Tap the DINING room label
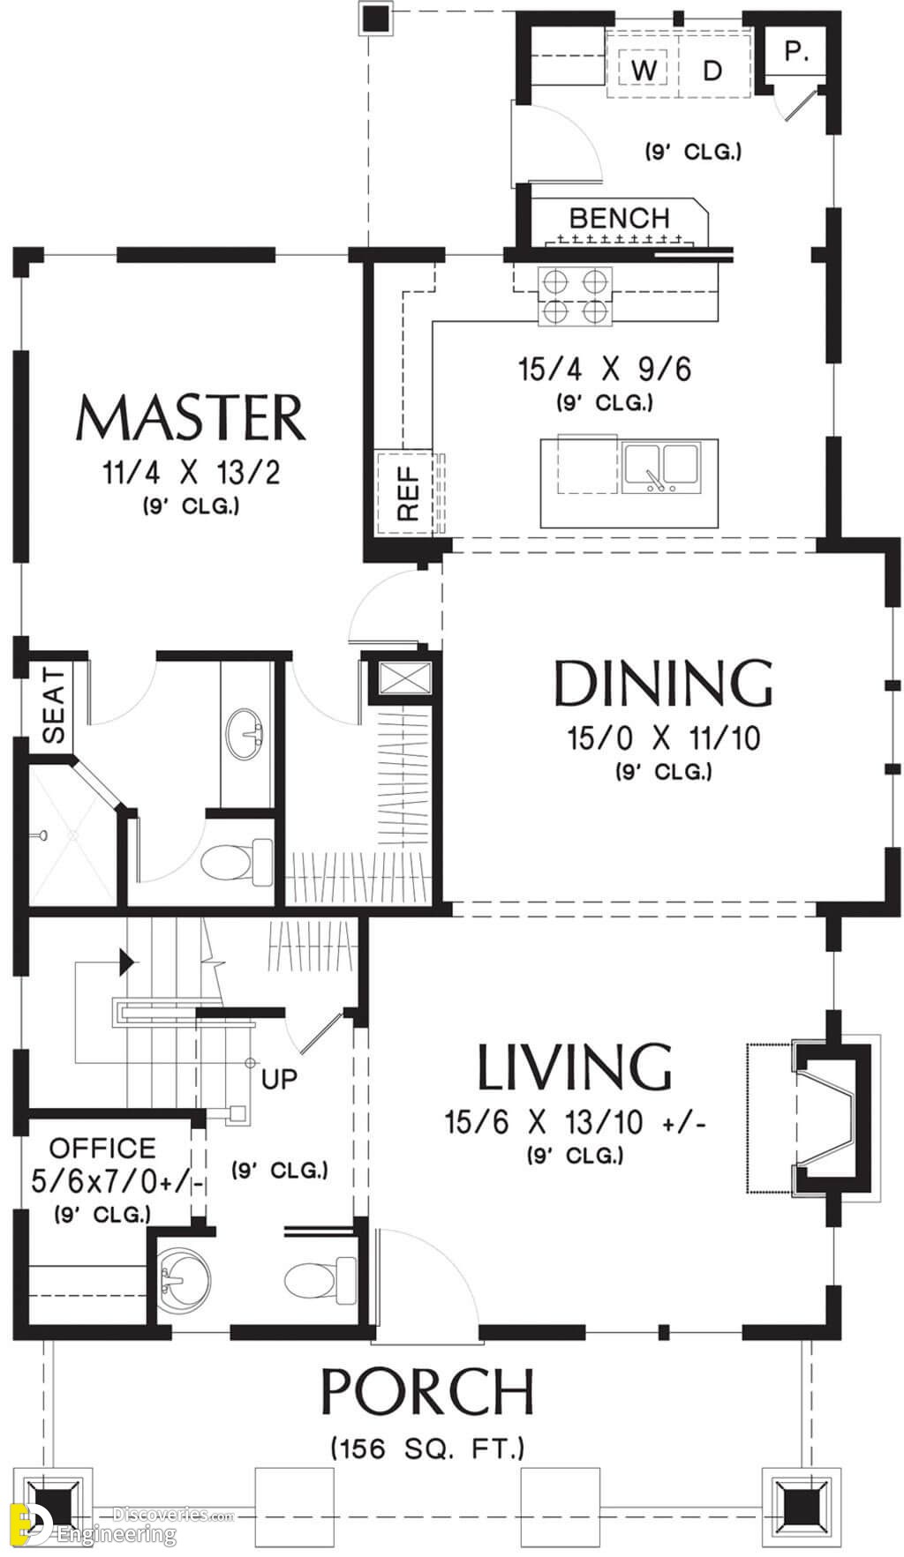tap(663, 683)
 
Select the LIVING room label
tap(574, 1067)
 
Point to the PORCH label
tap(427, 1391)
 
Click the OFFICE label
tap(102, 1148)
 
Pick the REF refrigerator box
tap(406, 493)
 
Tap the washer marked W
tap(646, 70)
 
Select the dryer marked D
tap(712, 70)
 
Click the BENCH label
tap(620, 218)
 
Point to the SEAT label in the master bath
tap(54, 706)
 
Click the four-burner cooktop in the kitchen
tap(576, 296)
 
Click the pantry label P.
tap(796, 52)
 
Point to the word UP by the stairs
tap(279, 1078)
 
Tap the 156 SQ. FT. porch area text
tap(427, 1448)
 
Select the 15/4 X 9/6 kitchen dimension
tap(605, 369)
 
